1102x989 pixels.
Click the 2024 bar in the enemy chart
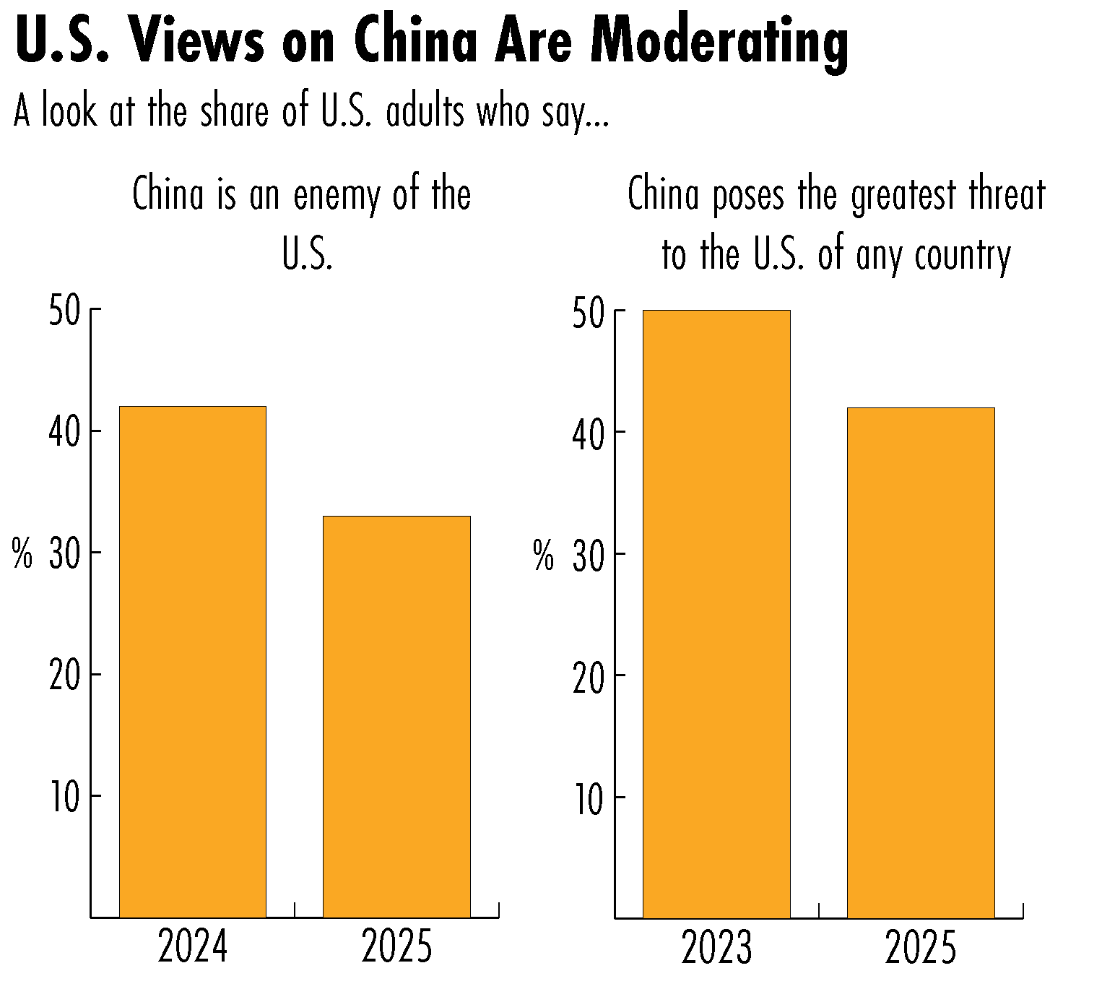[192, 661]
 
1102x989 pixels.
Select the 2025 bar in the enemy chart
[396, 716]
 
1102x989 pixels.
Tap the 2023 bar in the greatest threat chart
[716, 614]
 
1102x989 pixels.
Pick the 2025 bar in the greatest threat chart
[921, 662]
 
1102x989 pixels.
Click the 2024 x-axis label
[192, 946]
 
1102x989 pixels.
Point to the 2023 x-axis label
[716, 948]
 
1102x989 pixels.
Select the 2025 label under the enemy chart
[396, 946]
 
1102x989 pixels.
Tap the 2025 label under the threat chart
[921, 948]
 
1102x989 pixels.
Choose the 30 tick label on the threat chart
[588, 555]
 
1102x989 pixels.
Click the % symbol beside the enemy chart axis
[22, 555]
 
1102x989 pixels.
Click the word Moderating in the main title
[719, 41]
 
